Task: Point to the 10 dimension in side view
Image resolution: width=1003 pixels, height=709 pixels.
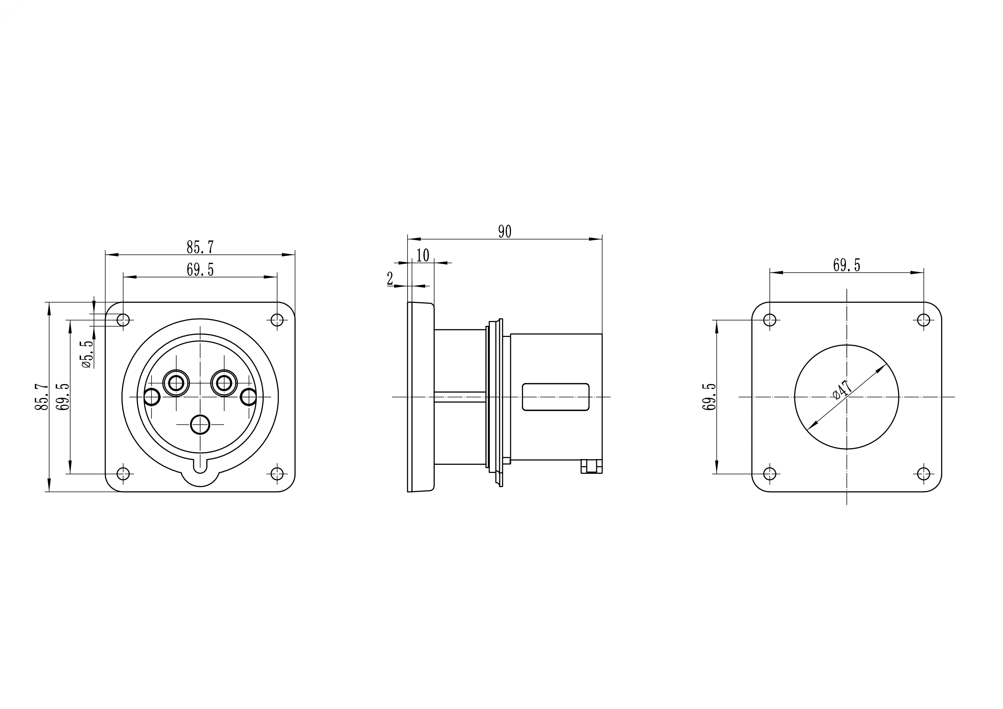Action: [422, 255]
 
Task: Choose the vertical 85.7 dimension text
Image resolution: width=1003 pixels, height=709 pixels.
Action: [42, 397]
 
